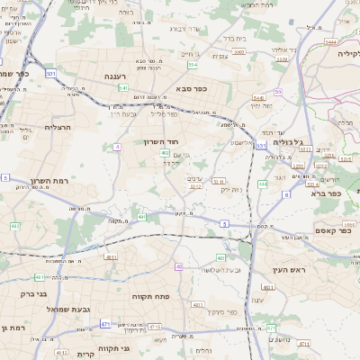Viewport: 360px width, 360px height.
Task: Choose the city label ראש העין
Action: (x=271, y=269)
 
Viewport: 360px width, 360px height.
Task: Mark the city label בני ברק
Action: (x=19, y=293)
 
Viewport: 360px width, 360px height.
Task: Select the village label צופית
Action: (x=220, y=55)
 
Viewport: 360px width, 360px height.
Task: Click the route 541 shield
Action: (x=123, y=88)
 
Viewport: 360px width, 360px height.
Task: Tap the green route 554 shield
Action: (x=193, y=65)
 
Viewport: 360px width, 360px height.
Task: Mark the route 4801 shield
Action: (x=111, y=257)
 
